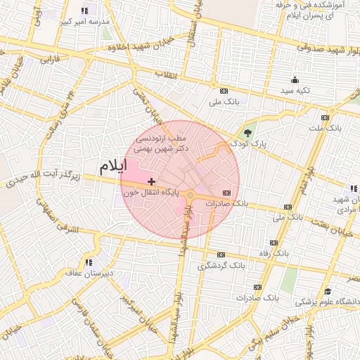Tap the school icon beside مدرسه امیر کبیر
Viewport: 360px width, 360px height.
coord(85,11)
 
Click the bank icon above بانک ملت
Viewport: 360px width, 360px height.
coord(324,117)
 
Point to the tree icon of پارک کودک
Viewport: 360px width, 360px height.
coord(247,133)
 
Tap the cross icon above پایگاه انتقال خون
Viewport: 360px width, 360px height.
coord(152,182)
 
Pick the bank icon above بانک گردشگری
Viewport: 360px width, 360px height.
coord(221,255)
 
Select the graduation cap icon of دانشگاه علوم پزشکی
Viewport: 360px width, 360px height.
coord(328,292)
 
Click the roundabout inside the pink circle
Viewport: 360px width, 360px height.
coord(190,194)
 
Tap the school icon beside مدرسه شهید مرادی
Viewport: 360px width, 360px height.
coord(353,188)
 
